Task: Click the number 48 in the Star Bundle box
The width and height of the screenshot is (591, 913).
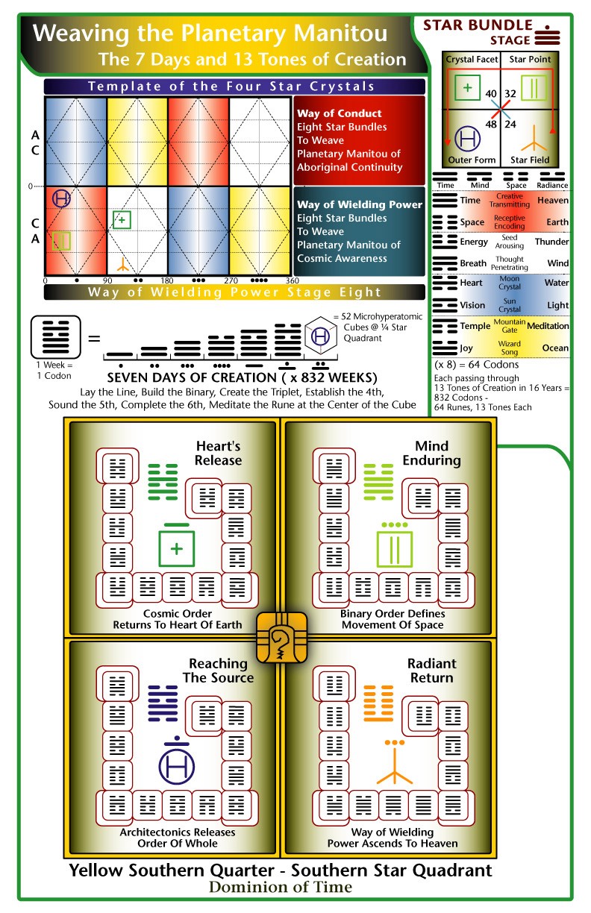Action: [491, 124]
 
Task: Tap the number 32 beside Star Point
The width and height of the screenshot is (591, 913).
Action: [510, 94]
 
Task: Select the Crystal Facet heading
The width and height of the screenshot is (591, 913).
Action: [472, 60]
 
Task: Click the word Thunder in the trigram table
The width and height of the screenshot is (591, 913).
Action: [551, 241]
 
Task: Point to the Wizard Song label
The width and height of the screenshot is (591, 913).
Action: [510, 348]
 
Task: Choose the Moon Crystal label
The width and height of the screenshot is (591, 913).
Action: [510, 283]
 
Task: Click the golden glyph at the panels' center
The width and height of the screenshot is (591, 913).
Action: [281, 638]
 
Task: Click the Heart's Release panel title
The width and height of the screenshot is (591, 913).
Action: [218, 453]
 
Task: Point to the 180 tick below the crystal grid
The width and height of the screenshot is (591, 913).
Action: [167, 280]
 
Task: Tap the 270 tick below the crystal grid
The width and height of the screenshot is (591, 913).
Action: [231, 280]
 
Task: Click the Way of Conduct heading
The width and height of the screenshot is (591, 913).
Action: [339, 113]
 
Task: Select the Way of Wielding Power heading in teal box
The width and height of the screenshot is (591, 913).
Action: [360, 204]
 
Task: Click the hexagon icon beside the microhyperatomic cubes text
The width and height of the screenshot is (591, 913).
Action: [321, 336]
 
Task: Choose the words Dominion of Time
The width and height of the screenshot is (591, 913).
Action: [281, 887]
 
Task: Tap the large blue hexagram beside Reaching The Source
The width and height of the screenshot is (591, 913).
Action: [163, 703]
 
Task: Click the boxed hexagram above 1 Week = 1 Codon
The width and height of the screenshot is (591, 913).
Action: [56, 336]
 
